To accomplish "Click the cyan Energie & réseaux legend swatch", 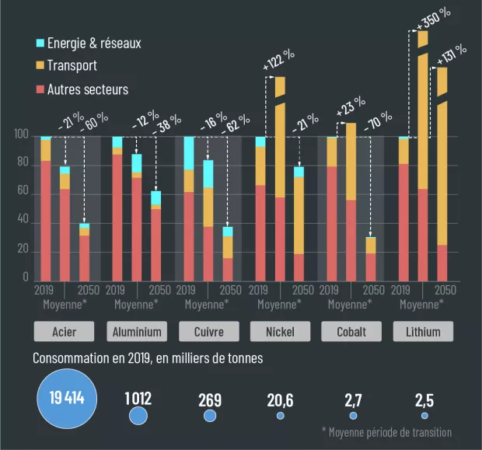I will [x=40, y=44].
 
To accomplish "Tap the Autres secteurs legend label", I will [x=87, y=89].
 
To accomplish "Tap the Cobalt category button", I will [x=351, y=332].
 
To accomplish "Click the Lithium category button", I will [x=422, y=332].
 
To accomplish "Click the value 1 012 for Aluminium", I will [x=138, y=399].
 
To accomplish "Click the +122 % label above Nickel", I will [x=278, y=61].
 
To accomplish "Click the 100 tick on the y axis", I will [x=22, y=136].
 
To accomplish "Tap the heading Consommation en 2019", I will [x=148, y=358].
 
